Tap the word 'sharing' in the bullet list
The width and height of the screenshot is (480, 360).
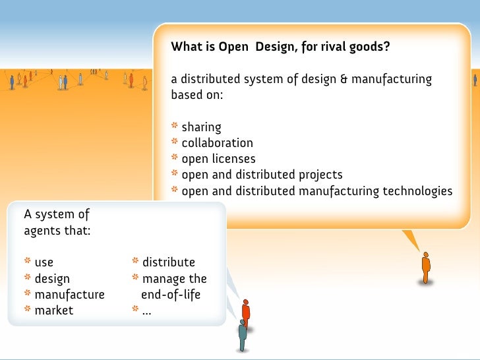(x=201, y=127)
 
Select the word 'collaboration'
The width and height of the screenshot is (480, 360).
(x=217, y=143)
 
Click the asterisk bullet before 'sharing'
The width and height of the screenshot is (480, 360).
(x=175, y=127)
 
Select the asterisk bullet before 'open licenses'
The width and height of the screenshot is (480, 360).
(x=175, y=158)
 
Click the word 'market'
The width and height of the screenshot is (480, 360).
(x=53, y=310)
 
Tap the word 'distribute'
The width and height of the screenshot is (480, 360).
(x=169, y=262)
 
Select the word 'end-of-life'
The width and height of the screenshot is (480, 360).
(x=171, y=294)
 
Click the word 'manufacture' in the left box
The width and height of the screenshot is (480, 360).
(x=69, y=294)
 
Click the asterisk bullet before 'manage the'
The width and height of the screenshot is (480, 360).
(x=135, y=278)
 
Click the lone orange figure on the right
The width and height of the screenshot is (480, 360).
(x=426, y=268)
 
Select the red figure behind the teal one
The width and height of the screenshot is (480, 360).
(x=246, y=310)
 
